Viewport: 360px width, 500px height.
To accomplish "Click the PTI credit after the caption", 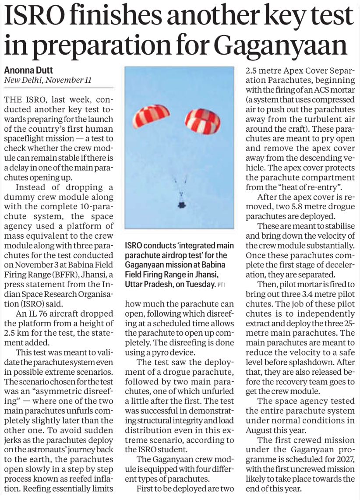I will pyautogui.click(x=222, y=285).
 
